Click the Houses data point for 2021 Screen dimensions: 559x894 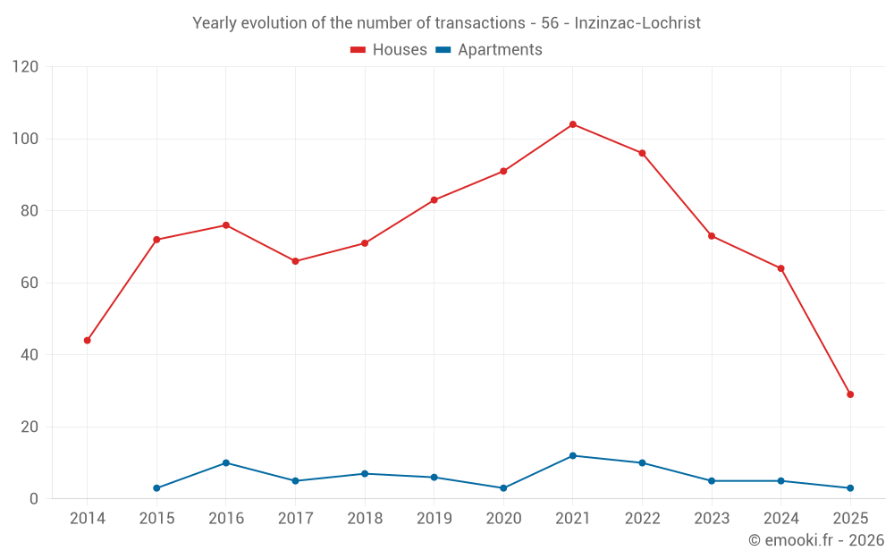(573, 124)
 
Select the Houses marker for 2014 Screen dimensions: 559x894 (87, 341)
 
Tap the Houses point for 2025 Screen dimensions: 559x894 (850, 394)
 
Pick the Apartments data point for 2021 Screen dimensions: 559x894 (573, 456)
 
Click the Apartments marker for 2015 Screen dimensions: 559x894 (156, 488)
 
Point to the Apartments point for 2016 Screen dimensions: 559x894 (226, 463)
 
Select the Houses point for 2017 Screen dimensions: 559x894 (295, 261)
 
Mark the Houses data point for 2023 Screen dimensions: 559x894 (712, 236)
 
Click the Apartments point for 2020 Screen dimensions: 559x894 (503, 488)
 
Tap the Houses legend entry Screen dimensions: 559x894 (388, 50)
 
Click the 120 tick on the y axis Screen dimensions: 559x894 (26, 67)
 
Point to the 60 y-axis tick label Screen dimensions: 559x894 (30, 284)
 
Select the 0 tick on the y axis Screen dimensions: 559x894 (34, 499)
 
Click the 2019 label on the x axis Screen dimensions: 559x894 (434, 519)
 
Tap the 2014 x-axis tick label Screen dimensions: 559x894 (87, 519)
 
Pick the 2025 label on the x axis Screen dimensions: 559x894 (850, 519)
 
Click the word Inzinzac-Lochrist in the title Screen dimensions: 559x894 (637, 23)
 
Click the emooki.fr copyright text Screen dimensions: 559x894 (815, 540)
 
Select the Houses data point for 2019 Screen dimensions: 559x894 (434, 200)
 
